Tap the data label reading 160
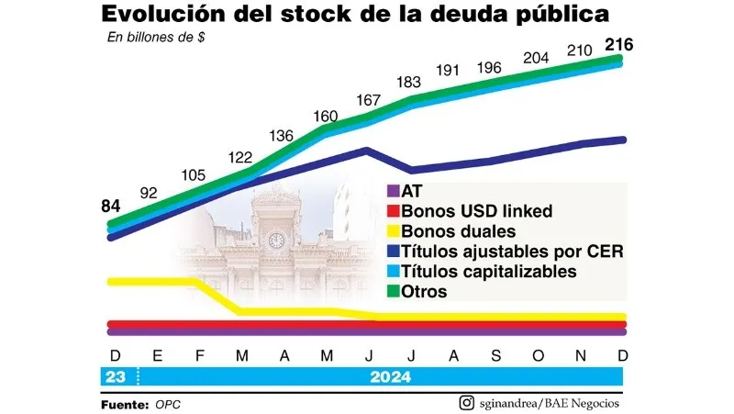click(x=326, y=117)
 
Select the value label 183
click(x=410, y=82)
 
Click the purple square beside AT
click(x=393, y=192)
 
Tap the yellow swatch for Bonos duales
click(x=393, y=231)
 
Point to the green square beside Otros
click(x=393, y=292)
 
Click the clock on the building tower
click(x=275, y=240)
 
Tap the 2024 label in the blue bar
click(x=392, y=377)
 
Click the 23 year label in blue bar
click(x=116, y=377)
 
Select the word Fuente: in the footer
click(x=125, y=404)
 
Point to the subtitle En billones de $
click(x=155, y=38)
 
